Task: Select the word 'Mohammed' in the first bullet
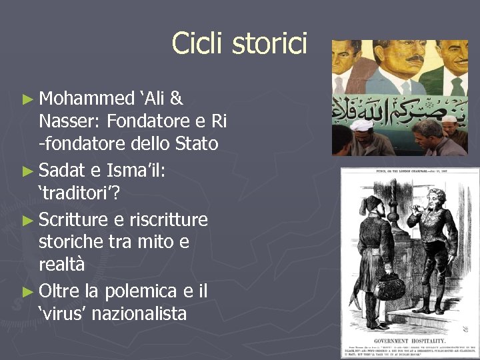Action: (x=87, y=99)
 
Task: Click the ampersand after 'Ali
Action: (x=176, y=99)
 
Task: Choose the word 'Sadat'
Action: (x=65, y=171)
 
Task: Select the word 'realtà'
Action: (x=62, y=265)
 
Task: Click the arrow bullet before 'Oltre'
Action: (x=27, y=291)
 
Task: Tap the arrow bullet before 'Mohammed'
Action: (x=27, y=99)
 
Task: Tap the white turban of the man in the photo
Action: (x=363, y=125)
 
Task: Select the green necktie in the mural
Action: (x=457, y=86)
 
